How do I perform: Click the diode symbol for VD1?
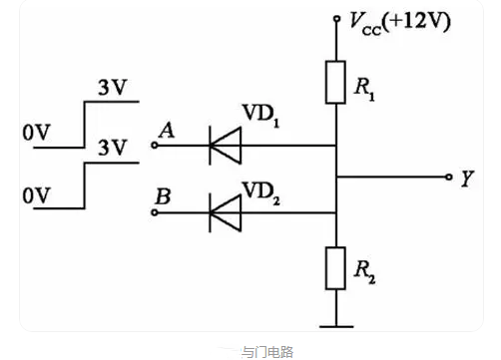224,146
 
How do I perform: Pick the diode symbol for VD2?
224,211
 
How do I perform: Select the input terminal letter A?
166,130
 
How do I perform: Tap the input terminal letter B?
162,196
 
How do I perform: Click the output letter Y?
466,180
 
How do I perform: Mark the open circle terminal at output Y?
448,178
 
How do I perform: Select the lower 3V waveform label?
112,149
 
